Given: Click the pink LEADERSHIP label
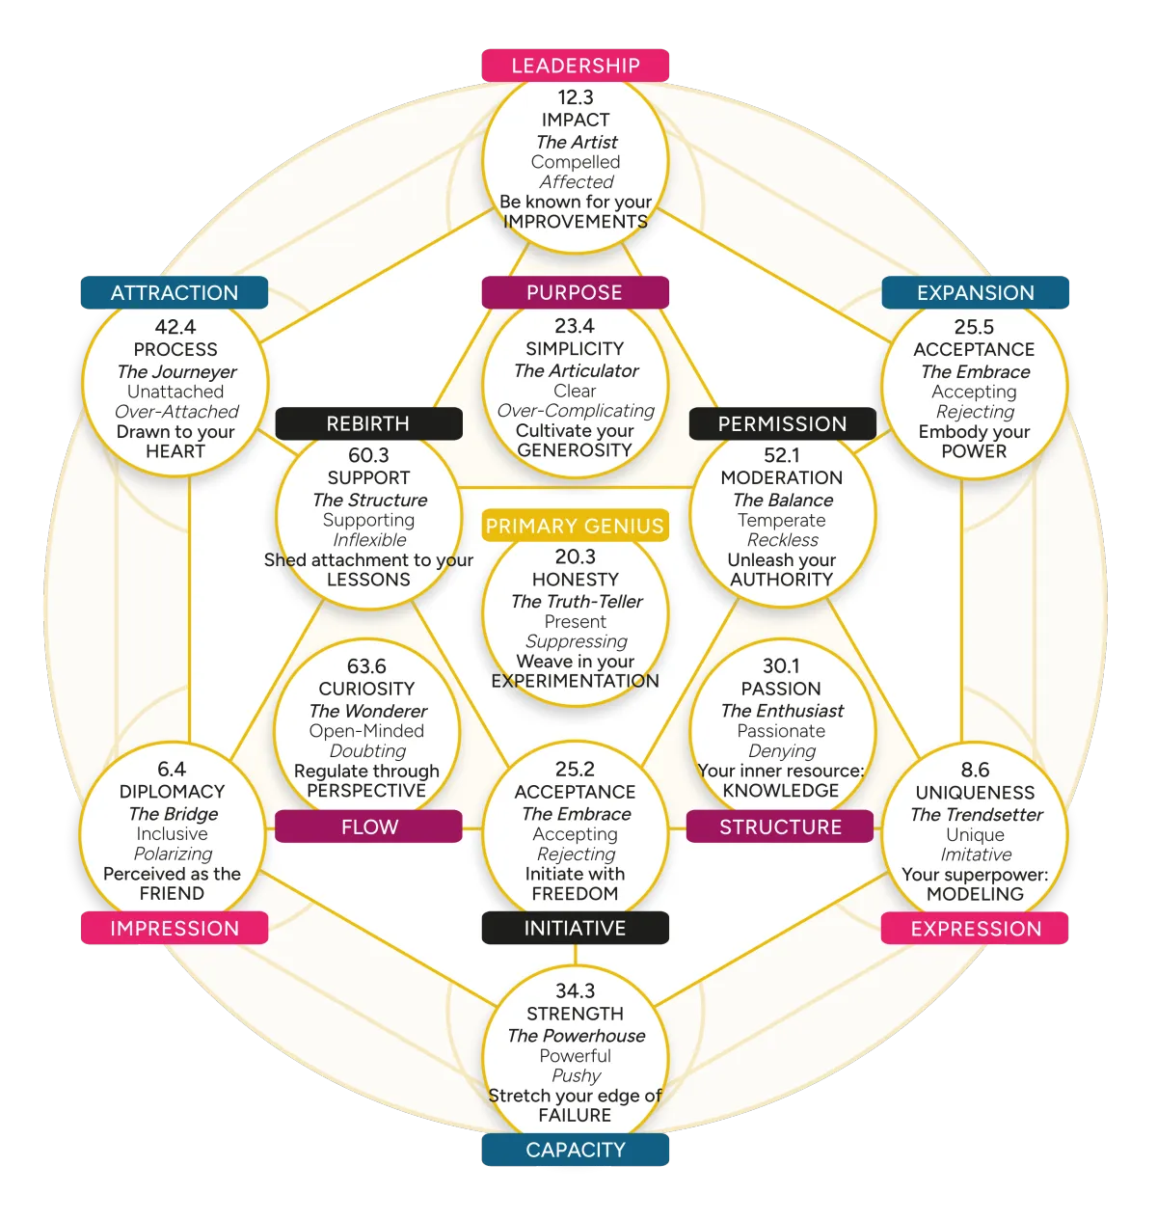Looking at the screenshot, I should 576,66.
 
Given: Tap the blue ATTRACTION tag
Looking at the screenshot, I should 175,293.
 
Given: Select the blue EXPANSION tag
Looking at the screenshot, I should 976,293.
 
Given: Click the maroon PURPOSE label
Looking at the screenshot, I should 575,293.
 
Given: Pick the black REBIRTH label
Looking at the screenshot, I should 368,424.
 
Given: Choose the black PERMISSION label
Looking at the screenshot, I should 782,424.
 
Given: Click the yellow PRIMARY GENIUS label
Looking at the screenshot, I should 575,527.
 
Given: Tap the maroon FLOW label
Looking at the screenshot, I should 369,827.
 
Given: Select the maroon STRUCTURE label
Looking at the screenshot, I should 781,827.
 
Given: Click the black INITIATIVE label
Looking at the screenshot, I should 575,929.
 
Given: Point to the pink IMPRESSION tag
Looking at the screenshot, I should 175,929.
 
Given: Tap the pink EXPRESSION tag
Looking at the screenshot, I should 976,930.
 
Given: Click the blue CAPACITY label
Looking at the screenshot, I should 576,1151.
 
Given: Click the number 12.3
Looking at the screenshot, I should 576,97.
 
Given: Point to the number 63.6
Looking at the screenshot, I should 366,666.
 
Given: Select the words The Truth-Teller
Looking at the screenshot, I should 577,602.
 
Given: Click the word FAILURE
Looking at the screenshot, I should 576,1116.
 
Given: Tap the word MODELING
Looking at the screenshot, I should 975,894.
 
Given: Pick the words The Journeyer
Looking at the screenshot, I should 176,372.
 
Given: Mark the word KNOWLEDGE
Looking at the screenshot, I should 781,791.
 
